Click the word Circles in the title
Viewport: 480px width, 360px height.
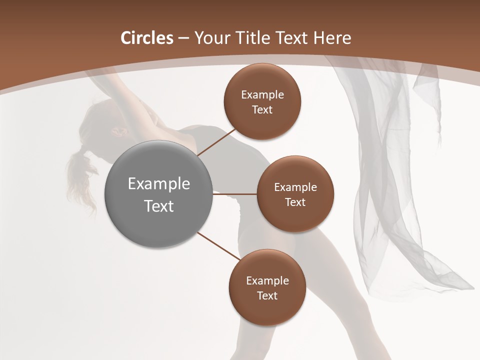click(x=147, y=38)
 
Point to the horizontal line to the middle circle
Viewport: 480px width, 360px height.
click(x=235, y=194)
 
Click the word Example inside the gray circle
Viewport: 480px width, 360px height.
click(x=159, y=184)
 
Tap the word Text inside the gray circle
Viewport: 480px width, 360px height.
click(x=159, y=206)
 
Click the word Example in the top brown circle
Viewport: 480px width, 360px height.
click(x=262, y=95)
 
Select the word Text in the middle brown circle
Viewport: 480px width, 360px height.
click(x=295, y=202)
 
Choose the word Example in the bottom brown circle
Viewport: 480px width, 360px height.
click(x=267, y=281)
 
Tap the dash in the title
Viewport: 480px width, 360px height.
click(x=183, y=38)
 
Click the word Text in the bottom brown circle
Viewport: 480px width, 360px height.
click(x=267, y=295)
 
